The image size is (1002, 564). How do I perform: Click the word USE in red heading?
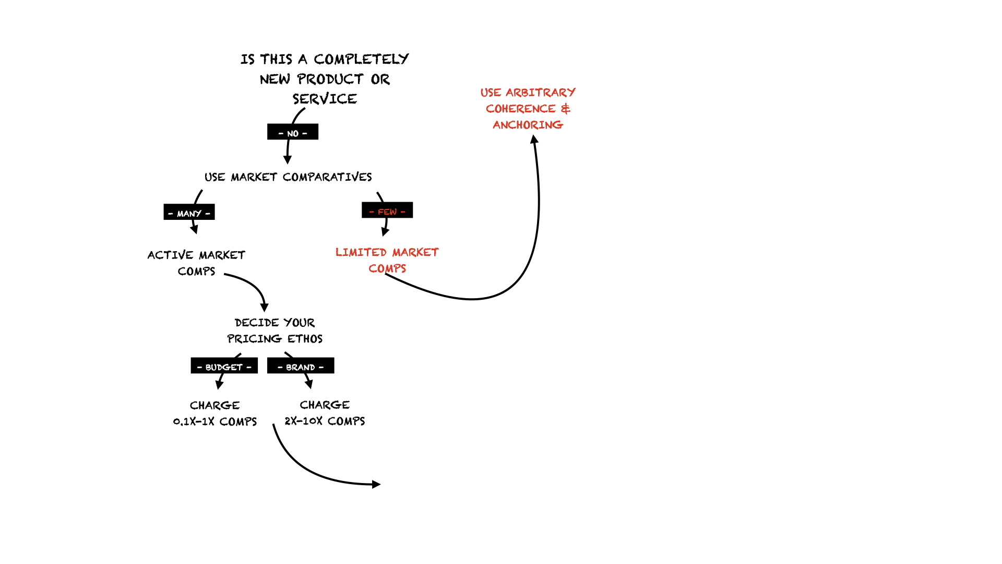491,93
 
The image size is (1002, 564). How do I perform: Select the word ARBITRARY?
541,93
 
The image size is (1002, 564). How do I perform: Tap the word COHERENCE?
521,109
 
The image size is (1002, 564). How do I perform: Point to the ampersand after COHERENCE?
566,109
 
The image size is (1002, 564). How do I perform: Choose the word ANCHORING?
528,125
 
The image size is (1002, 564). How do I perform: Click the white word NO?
293,134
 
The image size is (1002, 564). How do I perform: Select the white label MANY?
189,214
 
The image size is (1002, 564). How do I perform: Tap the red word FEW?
387,212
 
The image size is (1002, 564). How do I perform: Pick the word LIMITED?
361,253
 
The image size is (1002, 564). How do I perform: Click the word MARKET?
415,253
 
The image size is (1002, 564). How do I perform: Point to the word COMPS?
387,269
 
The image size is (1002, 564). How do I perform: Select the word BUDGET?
224,368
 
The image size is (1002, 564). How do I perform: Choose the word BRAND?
301,368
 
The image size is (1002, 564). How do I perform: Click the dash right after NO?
305,134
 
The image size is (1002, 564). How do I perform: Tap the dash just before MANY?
171,214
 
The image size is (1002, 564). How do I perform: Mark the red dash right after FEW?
403,212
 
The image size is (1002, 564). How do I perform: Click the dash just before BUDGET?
199,368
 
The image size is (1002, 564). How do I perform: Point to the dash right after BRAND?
321,368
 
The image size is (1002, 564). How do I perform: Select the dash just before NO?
281,134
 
